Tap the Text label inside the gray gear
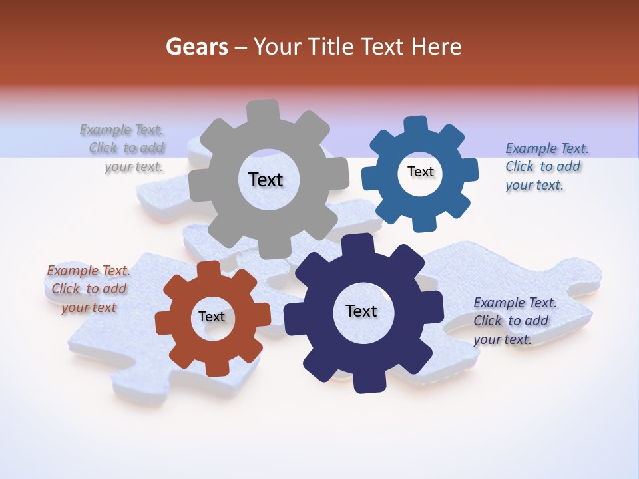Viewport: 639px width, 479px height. [x=266, y=180]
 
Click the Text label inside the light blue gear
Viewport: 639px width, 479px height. [x=420, y=172]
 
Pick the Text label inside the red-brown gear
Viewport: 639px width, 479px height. [x=212, y=317]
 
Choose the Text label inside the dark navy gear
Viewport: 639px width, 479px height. [x=361, y=311]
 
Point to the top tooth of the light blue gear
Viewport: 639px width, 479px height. [x=416, y=124]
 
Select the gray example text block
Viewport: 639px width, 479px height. [x=123, y=148]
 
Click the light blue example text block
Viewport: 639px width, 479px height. [x=546, y=167]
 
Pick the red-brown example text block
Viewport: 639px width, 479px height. [x=89, y=289]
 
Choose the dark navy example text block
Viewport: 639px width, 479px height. [x=514, y=321]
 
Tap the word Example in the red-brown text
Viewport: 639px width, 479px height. [x=72, y=271]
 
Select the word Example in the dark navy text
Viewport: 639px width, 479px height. [x=499, y=303]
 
